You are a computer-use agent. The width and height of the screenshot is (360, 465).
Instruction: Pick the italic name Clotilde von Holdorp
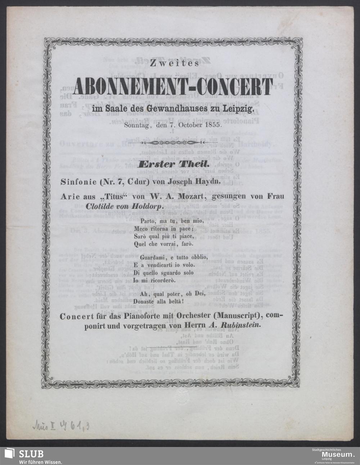(x=125, y=207)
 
